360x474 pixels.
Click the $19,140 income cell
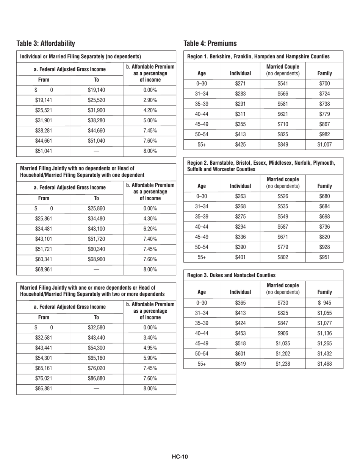coord(97,92)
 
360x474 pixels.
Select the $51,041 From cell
coord(43,150)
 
